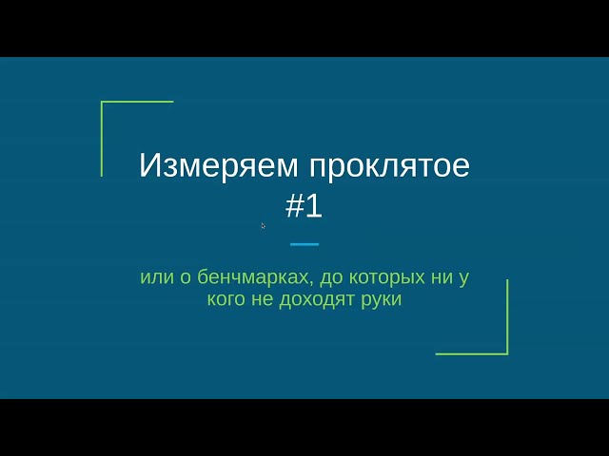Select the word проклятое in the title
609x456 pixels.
[390, 166]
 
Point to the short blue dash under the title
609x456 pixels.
[304, 244]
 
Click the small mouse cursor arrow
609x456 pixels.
[263, 225]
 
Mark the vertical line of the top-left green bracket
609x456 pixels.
[102, 139]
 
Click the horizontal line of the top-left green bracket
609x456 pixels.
[138, 102]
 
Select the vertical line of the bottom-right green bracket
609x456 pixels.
[507, 316]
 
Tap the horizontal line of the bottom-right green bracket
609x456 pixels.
[471, 353]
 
